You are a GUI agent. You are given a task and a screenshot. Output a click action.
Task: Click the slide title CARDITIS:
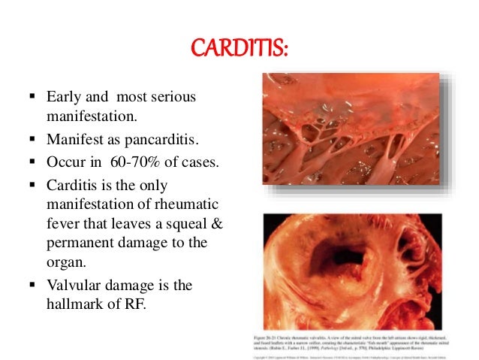click(x=238, y=50)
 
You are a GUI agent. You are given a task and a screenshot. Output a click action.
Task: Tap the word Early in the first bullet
click(x=63, y=98)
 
